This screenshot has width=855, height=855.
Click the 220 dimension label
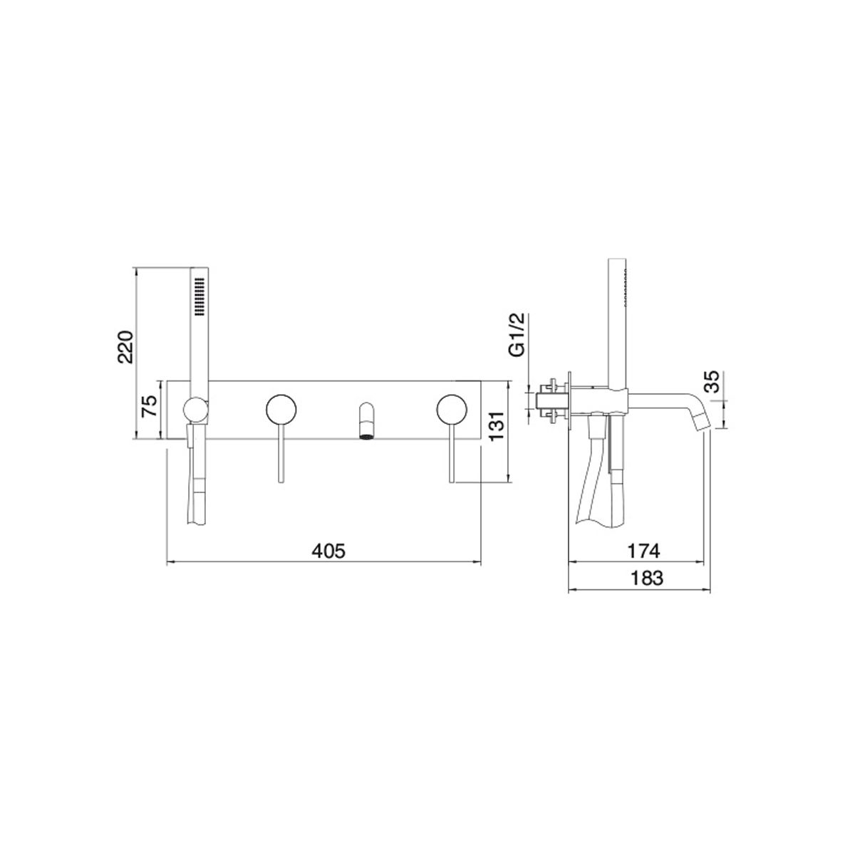click(x=125, y=346)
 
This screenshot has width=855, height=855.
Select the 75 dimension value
click(x=149, y=405)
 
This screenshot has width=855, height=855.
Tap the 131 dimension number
click(x=497, y=425)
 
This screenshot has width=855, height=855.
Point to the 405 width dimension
click(x=328, y=551)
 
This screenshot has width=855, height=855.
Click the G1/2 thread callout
click(x=517, y=333)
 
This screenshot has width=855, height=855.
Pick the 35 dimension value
click(x=712, y=382)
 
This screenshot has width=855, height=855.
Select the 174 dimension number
click(x=643, y=551)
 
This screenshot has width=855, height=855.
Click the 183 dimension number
click(x=646, y=578)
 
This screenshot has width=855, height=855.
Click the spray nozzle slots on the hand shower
click(x=199, y=297)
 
